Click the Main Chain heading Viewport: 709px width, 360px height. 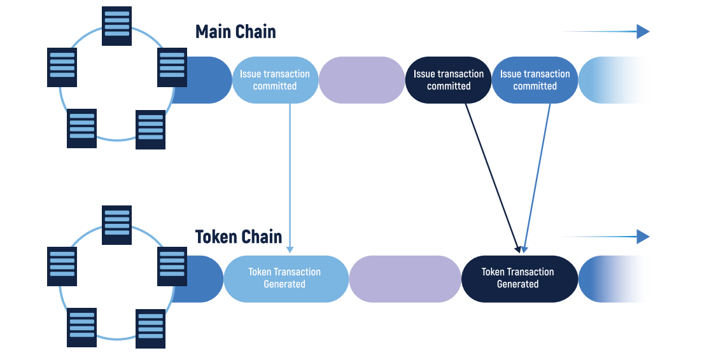pos(235,32)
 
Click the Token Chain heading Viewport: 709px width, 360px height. pos(238,237)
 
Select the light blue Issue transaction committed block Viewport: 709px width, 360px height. pos(275,80)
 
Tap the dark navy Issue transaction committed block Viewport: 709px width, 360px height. pos(448,80)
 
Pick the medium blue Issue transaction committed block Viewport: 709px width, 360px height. pos(535,80)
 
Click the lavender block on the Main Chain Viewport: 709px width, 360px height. pos(362,80)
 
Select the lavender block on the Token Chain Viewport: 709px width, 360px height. pos(405,279)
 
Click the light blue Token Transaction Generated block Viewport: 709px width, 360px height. pos(284,279)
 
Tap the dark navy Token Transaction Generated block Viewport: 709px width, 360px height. pos(517,279)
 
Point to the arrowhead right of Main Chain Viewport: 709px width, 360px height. pos(643,32)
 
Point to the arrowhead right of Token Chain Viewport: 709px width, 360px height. pos(643,237)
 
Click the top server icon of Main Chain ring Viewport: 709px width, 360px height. pos(117,26)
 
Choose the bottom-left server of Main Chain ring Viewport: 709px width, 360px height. pos(82,128)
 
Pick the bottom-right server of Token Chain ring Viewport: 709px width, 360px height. pos(151,328)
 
